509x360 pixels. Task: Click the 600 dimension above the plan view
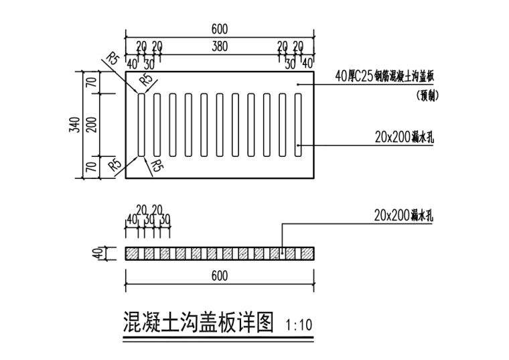[219, 29]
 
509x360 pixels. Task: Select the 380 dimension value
[219, 46]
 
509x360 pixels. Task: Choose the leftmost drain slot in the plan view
[141, 125]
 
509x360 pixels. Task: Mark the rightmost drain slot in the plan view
[298, 125]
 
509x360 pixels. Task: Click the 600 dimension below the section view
[219, 276]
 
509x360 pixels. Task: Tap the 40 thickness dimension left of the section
[97, 253]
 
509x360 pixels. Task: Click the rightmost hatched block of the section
[307, 253]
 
